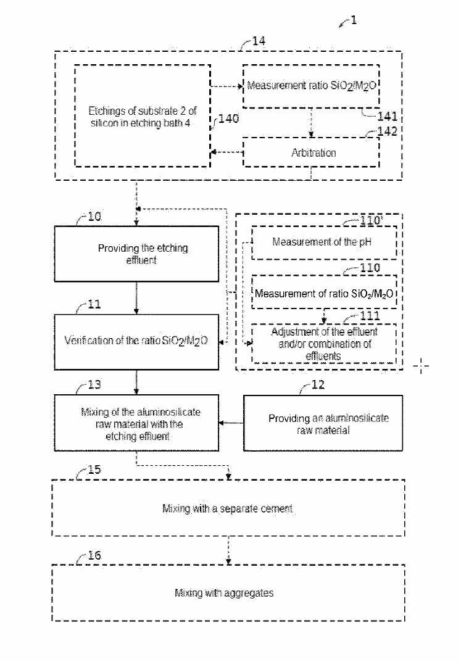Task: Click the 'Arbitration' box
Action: click(x=313, y=152)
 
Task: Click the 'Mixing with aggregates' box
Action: click(x=228, y=593)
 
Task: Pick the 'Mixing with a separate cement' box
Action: click(x=228, y=508)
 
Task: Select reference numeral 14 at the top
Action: click(x=259, y=42)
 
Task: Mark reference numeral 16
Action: click(x=93, y=555)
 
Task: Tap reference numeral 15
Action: click(x=93, y=470)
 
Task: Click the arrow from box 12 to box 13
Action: click(x=231, y=423)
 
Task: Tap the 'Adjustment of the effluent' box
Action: click(x=324, y=344)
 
